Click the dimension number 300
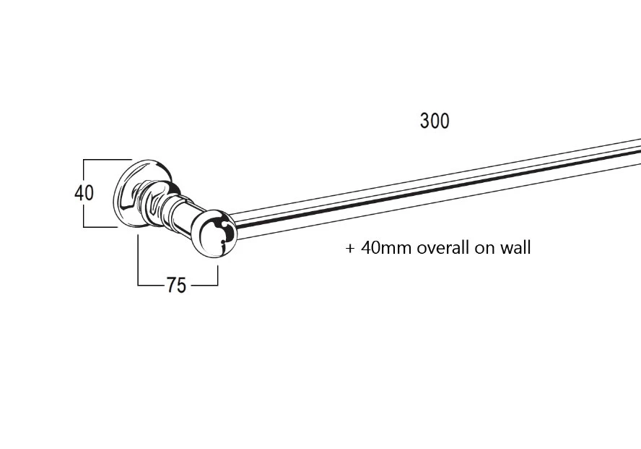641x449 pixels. point(435,121)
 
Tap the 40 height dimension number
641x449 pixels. point(84,193)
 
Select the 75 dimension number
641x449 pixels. point(176,285)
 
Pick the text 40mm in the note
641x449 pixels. point(386,248)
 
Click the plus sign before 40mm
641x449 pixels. point(349,249)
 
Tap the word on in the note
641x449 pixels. point(484,249)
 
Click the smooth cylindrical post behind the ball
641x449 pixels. point(184,217)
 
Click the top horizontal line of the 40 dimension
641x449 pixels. point(107,160)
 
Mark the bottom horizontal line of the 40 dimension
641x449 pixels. point(100,226)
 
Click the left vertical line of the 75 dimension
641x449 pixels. point(138,260)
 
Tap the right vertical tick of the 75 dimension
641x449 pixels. point(217,275)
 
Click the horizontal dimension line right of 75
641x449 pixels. point(204,285)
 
